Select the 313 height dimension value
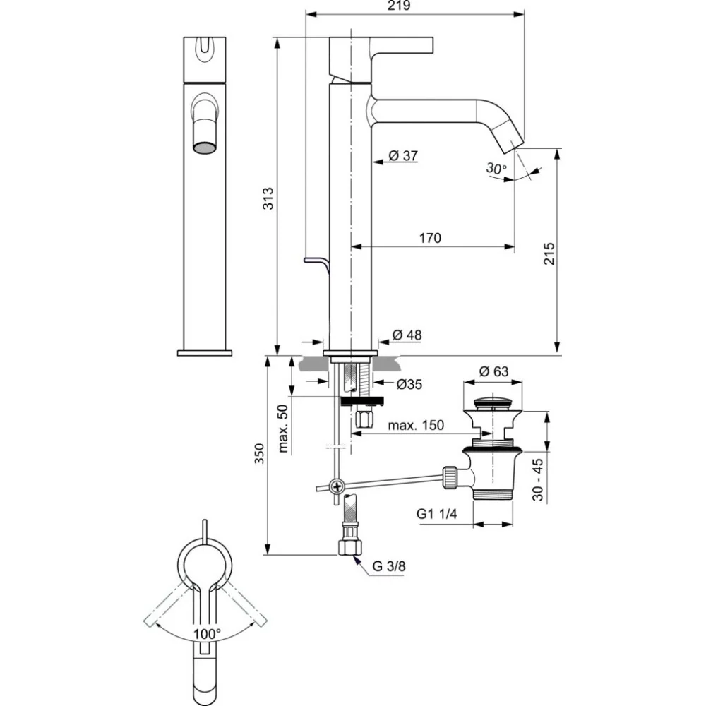pos(268,198)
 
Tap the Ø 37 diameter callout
pos(403,156)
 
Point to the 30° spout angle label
pos(496,169)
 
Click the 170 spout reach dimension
pos(430,238)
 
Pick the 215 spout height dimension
pos(549,253)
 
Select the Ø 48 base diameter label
pos(407,335)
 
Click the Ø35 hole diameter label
pos(409,384)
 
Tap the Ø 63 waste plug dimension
pos(493,371)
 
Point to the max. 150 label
pos(416,425)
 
